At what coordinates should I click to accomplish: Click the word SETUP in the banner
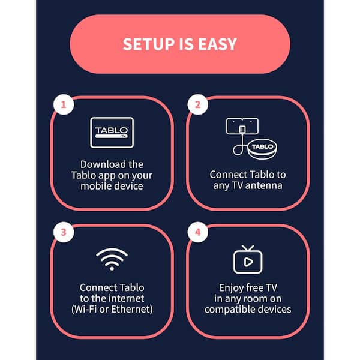(x=149, y=44)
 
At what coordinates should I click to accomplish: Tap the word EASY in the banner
(x=217, y=44)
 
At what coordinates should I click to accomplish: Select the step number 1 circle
(x=64, y=104)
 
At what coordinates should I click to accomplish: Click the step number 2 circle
(x=197, y=104)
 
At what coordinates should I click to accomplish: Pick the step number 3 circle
(x=64, y=232)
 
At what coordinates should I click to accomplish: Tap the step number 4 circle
(x=197, y=232)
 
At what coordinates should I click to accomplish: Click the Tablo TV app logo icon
(x=112, y=133)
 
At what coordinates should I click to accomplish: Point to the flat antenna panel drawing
(x=242, y=126)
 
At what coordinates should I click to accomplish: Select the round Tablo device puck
(x=262, y=149)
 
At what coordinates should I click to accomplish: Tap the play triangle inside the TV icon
(x=248, y=262)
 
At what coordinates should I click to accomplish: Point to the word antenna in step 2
(x=264, y=185)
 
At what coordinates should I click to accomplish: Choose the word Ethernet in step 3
(x=131, y=309)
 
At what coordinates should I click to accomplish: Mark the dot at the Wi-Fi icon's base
(x=112, y=268)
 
